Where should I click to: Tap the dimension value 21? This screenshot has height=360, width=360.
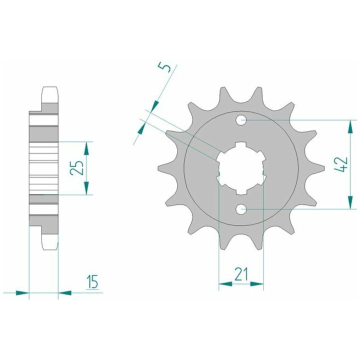click(x=241, y=274)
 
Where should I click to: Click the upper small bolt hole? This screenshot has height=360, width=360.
click(x=241, y=120)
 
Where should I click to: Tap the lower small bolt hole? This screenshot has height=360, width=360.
click(x=241, y=209)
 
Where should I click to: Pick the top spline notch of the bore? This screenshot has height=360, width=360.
click(x=241, y=145)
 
